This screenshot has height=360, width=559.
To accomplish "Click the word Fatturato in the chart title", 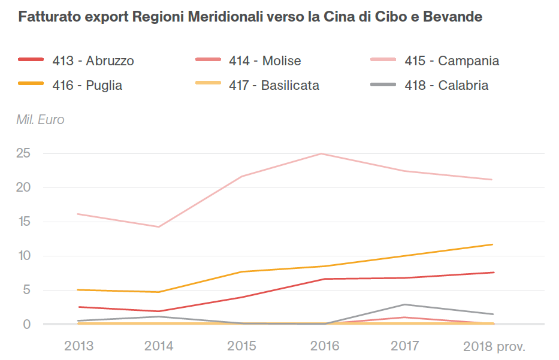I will (46, 17).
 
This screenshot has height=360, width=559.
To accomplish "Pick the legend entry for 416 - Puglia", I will (87, 86).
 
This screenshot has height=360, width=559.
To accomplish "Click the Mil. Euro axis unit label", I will (40, 120).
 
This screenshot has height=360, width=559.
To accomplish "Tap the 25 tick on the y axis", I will (23, 153).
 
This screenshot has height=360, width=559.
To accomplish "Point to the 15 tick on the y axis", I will (23, 222).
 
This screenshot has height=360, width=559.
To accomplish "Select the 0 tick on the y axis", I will (26, 324).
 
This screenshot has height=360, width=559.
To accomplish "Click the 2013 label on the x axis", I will (78, 346).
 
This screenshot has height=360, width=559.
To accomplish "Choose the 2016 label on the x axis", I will (324, 346).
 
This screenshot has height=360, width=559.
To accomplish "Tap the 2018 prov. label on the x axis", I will (494, 346).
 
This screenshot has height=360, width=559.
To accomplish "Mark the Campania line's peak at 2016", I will (322, 154).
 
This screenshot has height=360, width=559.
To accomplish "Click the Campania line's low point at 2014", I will (159, 227).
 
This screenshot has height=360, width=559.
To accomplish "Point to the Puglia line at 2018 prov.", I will (492, 244).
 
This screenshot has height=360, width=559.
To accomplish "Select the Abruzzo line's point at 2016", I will (324, 279).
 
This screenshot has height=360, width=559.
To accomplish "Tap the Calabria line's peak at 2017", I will (406, 304).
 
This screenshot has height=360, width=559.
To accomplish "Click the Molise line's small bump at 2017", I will (406, 317).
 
